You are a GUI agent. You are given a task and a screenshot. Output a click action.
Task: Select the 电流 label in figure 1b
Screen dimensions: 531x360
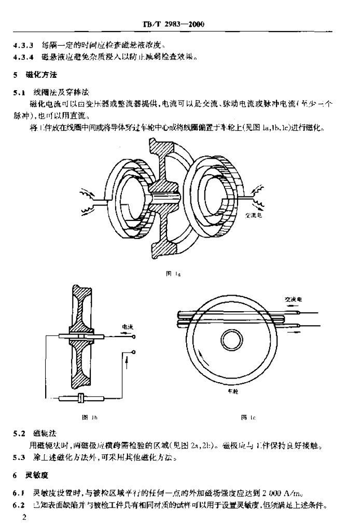coord(127,327)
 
